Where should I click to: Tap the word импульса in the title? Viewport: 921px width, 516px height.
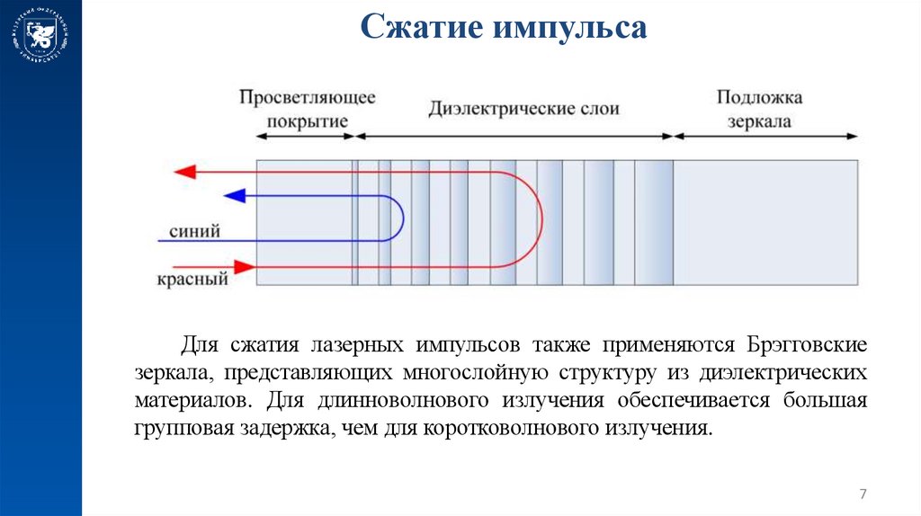(x=568, y=27)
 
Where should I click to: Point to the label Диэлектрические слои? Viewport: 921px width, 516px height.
(x=523, y=109)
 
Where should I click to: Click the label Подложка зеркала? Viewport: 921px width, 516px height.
(x=759, y=109)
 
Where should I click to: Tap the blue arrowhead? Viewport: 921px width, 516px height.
(x=234, y=195)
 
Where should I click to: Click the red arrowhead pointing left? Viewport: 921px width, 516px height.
(x=184, y=171)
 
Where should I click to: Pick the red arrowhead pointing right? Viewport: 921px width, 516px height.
(x=244, y=266)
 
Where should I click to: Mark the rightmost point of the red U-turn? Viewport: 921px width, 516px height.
(x=542, y=218)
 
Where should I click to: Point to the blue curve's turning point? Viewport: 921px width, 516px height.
(x=403, y=218)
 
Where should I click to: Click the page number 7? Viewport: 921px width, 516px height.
(x=863, y=494)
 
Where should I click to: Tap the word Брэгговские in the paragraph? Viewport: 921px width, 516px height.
(x=806, y=345)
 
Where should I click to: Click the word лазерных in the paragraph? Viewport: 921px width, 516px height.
(x=356, y=345)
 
